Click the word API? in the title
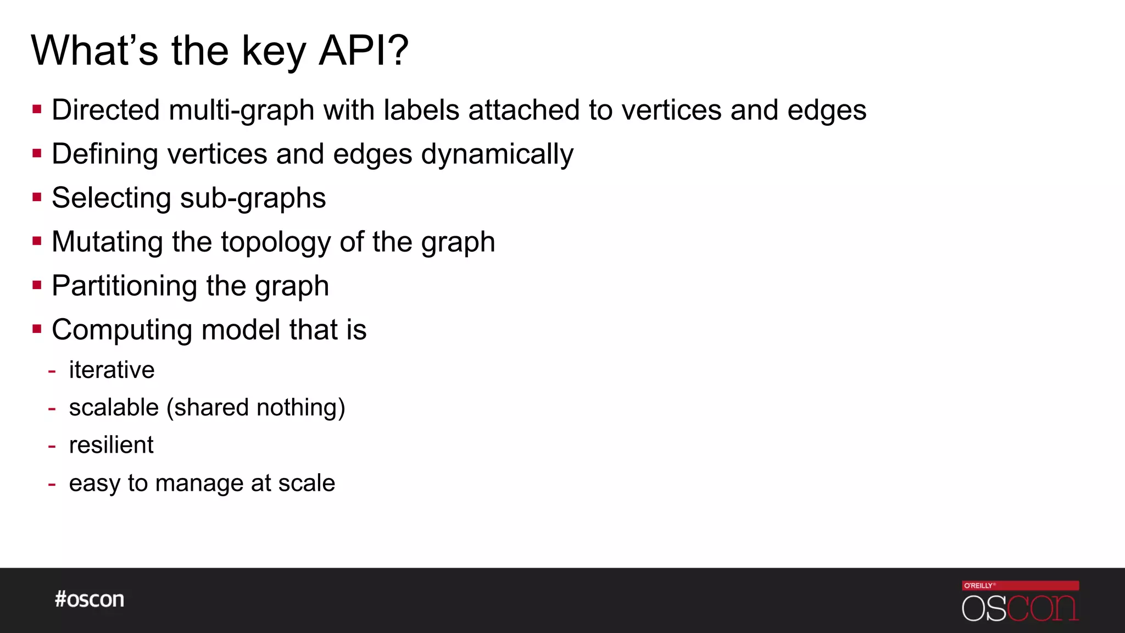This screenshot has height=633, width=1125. click(x=364, y=51)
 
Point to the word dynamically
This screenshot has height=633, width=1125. click(x=497, y=154)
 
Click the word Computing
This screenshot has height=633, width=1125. click(x=122, y=330)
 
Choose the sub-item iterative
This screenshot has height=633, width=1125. click(x=112, y=370)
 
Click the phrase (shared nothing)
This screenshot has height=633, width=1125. click(x=256, y=408)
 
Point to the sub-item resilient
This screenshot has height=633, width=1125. click(x=111, y=445)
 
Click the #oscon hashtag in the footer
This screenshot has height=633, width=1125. click(x=90, y=599)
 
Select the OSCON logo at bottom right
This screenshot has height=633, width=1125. click(x=1020, y=608)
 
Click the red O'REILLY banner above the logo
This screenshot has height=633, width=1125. click(x=1020, y=585)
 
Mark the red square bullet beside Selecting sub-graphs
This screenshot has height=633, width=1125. click(x=37, y=197)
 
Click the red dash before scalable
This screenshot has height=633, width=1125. click(x=52, y=409)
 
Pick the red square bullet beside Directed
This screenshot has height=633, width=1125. click(x=37, y=109)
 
